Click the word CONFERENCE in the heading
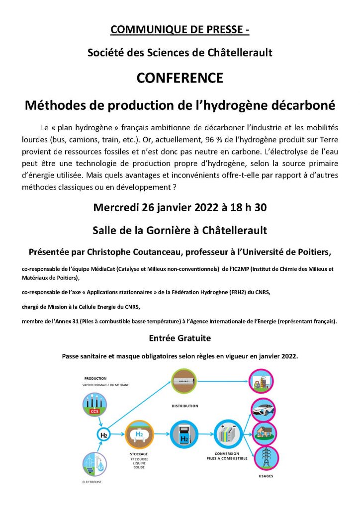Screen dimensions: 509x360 [x=180, y=79]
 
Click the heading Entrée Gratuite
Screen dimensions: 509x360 [x=180, y=338]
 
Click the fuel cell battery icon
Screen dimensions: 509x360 [x=227, y=434]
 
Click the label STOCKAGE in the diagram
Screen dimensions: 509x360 [x=139, y=454]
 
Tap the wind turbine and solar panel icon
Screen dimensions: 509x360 [x=94, y=463]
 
